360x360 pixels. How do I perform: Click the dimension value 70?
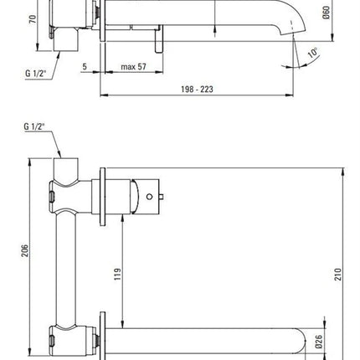[x=33, y=19]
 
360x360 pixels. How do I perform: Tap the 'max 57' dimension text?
[x=133, y=67]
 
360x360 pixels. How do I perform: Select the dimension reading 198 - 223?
[x=197, y=90]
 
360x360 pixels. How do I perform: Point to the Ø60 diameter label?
[x=326, y=13]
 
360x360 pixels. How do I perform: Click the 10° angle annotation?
[x=313, y=53]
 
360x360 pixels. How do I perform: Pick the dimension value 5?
[x=85, y=67]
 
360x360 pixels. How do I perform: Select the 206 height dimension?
[x=25, y=250]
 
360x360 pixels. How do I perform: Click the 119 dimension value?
[x=118, y=274]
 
